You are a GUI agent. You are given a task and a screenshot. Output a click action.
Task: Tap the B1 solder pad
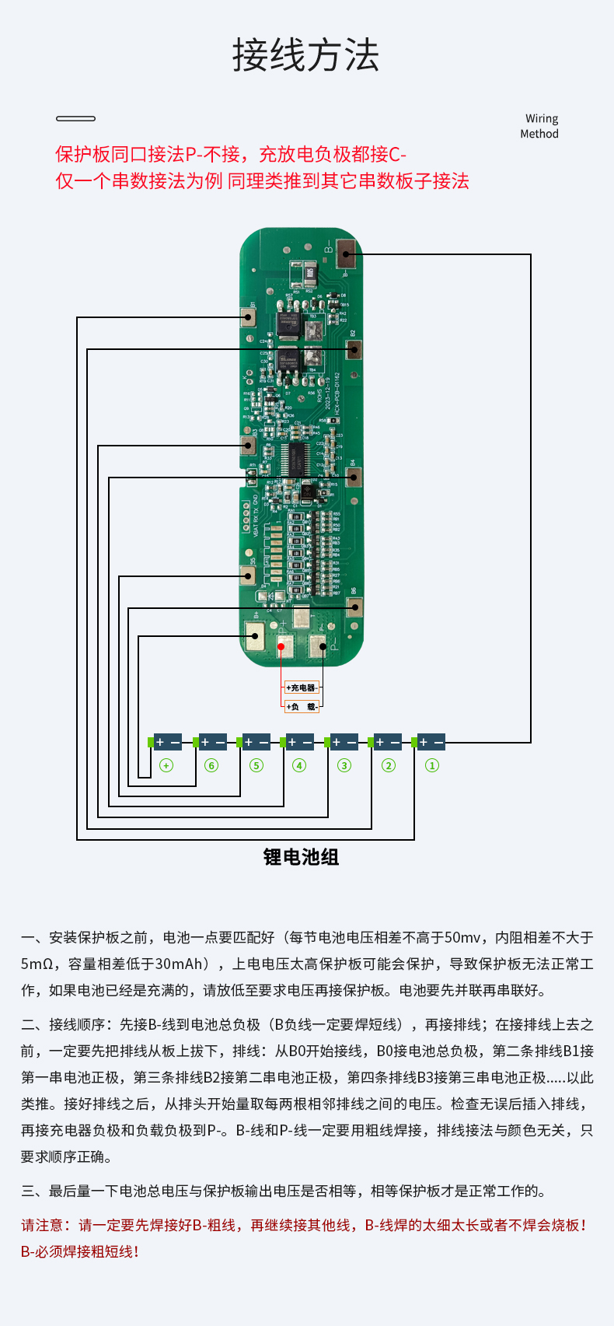pos(249,317)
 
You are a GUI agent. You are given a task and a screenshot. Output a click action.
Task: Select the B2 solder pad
pos(354,349)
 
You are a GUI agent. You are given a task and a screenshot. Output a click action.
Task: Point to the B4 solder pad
pos(354,477)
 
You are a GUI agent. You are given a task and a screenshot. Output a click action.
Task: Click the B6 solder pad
pos(354,607)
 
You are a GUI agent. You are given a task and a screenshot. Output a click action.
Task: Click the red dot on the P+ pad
pos(281,646)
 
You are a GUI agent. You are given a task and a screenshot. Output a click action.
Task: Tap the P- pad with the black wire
pos(319,646)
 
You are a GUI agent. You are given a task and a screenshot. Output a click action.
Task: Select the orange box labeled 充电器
pos(301,687)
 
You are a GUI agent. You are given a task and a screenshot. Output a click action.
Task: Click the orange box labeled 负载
pos(301,706)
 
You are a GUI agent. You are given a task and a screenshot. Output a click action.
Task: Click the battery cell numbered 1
pos(430,743)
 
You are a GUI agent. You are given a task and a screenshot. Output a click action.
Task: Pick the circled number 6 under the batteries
pos(211,765)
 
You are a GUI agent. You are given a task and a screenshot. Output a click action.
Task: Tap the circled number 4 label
pos(299,765)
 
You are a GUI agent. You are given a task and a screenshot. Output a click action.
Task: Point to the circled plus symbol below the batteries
pos(166,765)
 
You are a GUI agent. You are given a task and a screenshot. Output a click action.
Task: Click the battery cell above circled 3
pos(343,743)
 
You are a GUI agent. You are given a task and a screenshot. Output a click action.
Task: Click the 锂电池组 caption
pos(301,857)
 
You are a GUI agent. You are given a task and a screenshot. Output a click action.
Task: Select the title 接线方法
pos(306,55)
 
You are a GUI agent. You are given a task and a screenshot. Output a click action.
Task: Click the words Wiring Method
pos(540,126)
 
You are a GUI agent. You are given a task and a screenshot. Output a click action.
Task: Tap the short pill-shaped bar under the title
pos(75,118)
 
